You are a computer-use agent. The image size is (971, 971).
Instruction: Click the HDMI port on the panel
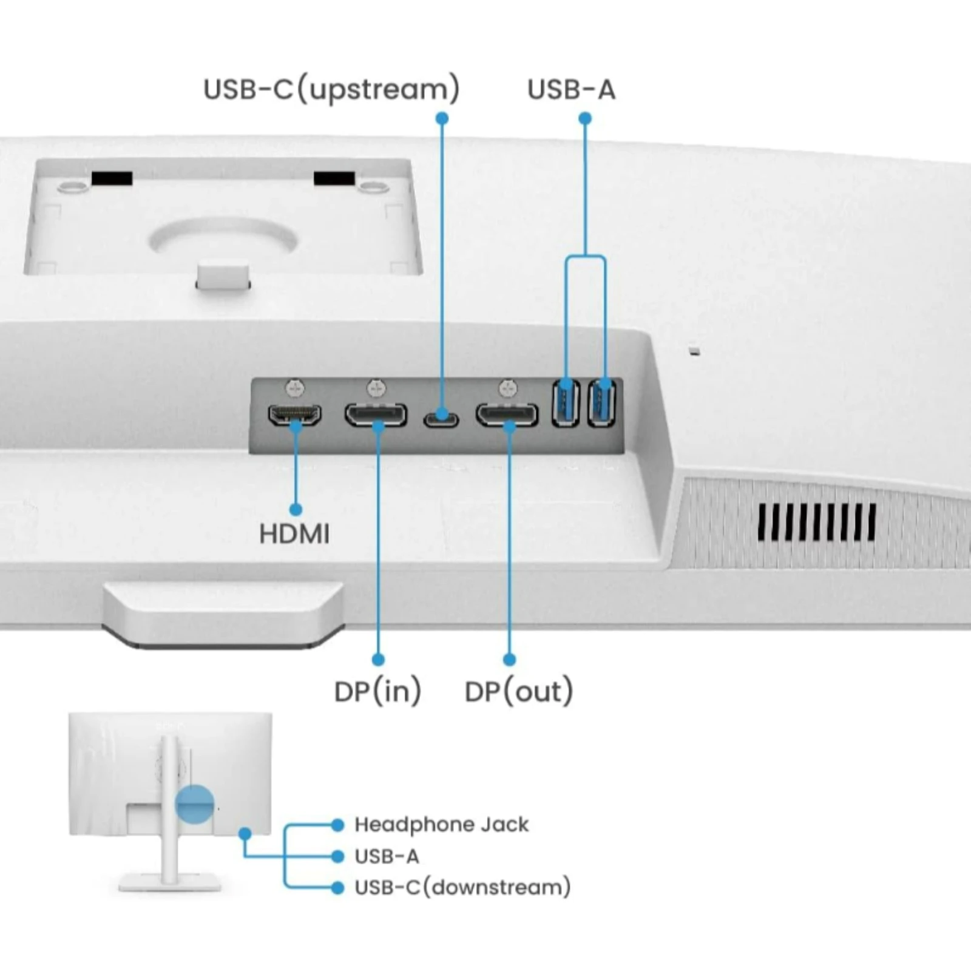(295, 415)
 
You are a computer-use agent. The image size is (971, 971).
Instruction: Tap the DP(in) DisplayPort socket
(376, 415)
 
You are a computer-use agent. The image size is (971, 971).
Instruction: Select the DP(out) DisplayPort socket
(507, 415)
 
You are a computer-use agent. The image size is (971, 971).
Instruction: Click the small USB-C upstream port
(441, 419)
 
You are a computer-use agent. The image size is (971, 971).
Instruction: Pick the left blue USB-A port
(566, 403)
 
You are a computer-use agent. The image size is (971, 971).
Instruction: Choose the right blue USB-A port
(602, 403)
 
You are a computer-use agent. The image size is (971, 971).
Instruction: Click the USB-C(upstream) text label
(331, 90)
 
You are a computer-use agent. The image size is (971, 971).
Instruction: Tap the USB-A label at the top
(571, 90)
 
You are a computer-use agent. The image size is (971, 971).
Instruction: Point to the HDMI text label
(294, 535)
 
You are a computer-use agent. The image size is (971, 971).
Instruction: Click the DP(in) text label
(377, 691)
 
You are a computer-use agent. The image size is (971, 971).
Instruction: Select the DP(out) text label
(519, 691)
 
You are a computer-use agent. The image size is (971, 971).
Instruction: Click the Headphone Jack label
(441, 825)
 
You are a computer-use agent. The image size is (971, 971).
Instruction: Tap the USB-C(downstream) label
(462, 887)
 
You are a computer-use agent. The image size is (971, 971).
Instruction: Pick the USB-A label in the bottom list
(387, 856)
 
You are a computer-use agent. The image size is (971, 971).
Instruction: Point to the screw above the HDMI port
(295, 387)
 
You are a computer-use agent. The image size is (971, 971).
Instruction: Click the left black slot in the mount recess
(112, 178)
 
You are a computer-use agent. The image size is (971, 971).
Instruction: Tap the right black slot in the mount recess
(334, 178)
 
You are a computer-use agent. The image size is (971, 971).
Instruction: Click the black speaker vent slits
(816, 522)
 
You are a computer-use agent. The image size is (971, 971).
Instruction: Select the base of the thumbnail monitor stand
(170, 882)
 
